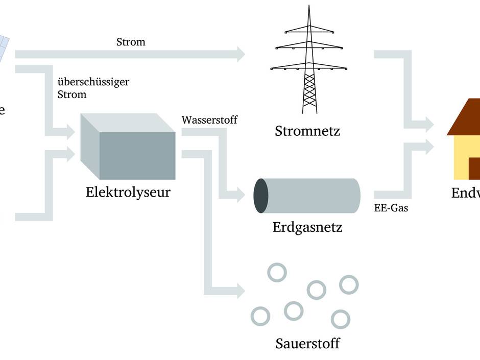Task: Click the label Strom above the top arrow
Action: [x=131, y=42]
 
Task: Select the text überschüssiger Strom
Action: [x=93, y=88]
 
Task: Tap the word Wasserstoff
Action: [x=209, y=120]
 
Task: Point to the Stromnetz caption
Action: [x=307, y=131]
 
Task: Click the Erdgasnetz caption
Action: [x=307, y=226]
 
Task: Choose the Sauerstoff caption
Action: [x=307, y=343]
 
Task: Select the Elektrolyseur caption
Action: [x=128, y=193]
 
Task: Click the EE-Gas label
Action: [x=391, y=208]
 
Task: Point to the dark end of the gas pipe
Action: [x=261, y=196]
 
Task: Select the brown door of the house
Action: [x=474, y=169]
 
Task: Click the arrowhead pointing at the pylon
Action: [x=240, y=54]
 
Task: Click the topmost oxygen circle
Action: [x=277, y=272]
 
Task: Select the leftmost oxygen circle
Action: [x=260, y=316]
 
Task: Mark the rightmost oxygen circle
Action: [x=349, y=284]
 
